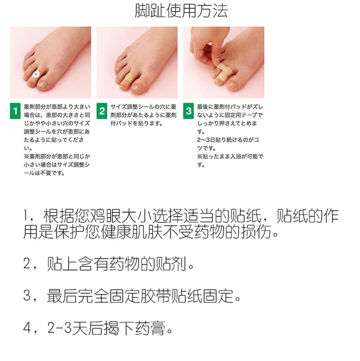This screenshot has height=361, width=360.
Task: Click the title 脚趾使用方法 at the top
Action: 181,11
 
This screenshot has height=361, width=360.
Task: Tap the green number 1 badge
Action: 15,111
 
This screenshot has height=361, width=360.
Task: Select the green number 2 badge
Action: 102,111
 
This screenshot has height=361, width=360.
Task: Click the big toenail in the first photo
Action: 42,85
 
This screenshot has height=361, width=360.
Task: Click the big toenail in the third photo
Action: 233,85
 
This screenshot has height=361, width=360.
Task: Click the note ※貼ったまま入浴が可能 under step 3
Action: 230,156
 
